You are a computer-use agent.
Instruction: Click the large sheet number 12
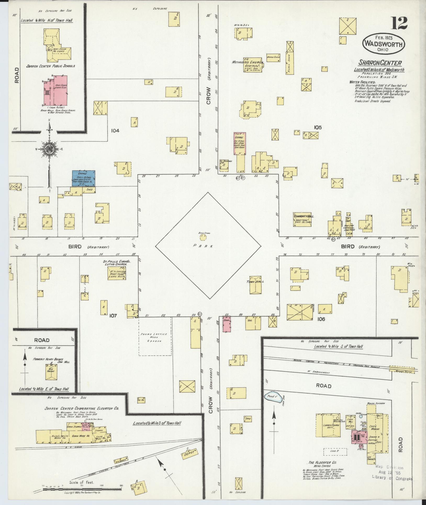(399, 23)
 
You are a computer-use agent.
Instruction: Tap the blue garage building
(84, 178)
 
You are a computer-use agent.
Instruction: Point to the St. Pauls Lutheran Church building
(116, 273)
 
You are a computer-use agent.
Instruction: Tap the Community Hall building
(302, 220)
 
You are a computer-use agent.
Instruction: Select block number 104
(115, 130)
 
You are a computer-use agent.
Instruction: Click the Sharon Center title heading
(380, 63)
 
